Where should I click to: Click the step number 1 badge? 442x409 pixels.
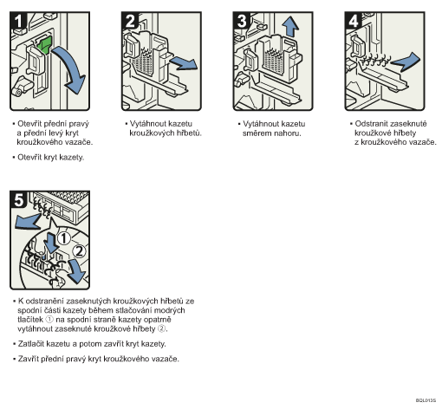click(18, 21)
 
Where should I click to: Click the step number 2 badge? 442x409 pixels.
click(130, 21)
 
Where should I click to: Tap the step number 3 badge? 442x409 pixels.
click(242, 21)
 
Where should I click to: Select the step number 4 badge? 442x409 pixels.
click(354, 21)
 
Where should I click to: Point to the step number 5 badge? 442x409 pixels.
click(18, 199)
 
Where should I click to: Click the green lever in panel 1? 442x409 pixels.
click(44, 45)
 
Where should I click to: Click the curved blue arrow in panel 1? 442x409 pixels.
click(72, 68)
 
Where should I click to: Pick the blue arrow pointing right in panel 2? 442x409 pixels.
click(184, 63)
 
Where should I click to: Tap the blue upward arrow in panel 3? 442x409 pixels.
click(290, 27)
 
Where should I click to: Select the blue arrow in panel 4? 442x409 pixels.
click(406, 62)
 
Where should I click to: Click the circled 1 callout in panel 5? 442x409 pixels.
click(64, 238)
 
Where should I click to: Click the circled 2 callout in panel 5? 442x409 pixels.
click(79, 251)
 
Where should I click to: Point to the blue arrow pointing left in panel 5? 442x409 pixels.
click(28, 222)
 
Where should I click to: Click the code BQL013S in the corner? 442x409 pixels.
click(426, 400)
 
